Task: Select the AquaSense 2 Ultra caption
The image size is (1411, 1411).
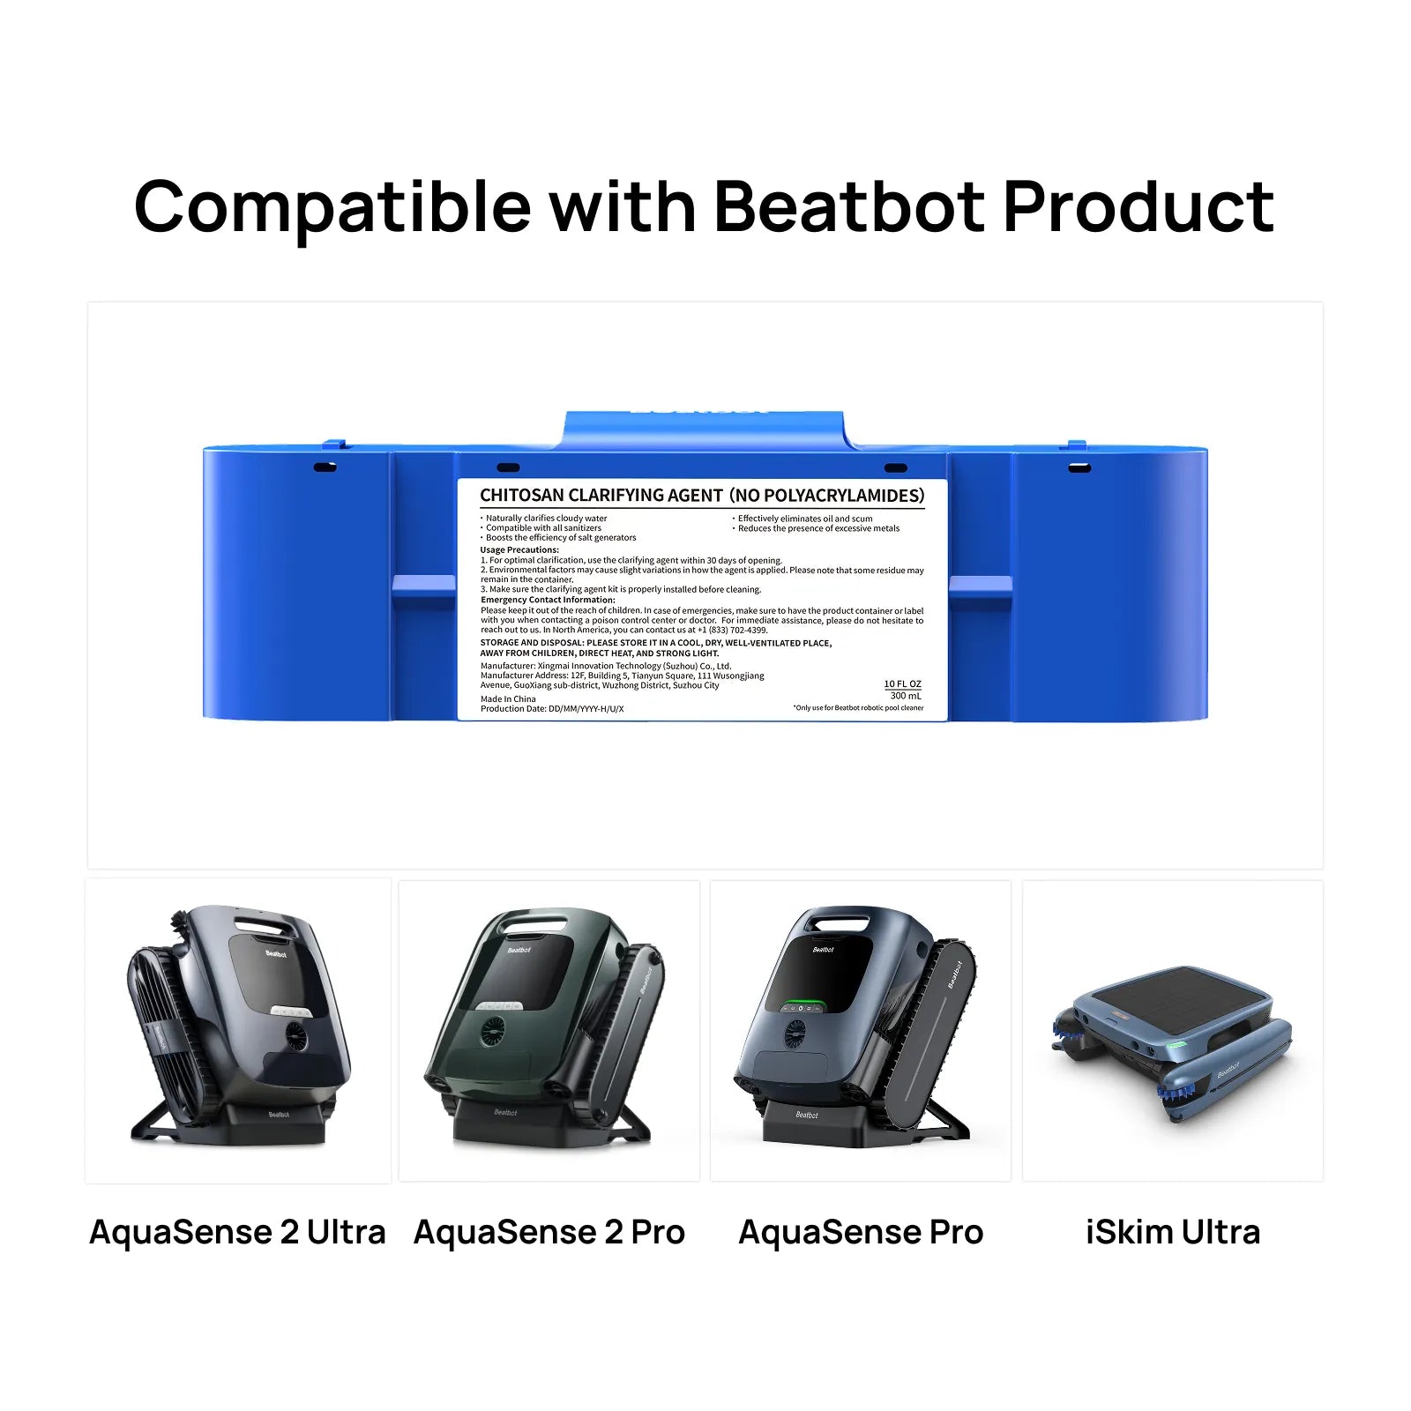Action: click(x=237, y=1232)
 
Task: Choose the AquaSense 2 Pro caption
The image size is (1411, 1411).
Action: click(x=549, y=1232)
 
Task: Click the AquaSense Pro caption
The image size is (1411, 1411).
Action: click(x=861, y=1232)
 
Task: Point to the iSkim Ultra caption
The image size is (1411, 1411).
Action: click(x=1172, y=1232)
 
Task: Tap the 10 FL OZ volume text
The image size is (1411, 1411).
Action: click(x=902, y=684)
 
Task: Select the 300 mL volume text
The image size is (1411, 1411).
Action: click(x=906, y=696)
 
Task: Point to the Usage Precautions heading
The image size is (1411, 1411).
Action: click(x=519, y=549)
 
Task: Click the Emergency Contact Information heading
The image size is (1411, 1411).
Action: click(x=548, y=600)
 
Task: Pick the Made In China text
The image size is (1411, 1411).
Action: click(x=508, y=698)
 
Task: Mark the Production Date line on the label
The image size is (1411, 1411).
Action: click(x=552, y=709)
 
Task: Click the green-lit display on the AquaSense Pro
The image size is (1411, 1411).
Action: click(x=803, y=1005)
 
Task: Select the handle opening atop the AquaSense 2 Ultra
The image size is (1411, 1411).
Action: click(x=260, y=924)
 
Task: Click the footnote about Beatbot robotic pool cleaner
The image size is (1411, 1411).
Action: click(x=858, y=707)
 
